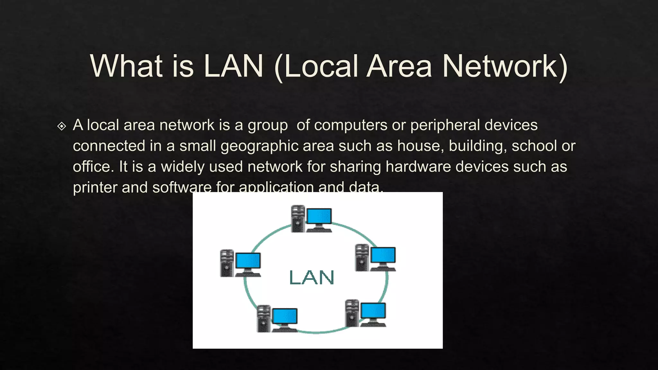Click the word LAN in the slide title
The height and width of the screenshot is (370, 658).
[x=234, y=66]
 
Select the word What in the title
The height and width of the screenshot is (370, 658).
[x=126, y=66]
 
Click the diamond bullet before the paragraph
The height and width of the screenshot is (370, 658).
[x=61, y=126]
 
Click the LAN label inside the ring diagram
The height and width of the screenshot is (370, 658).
[x=311, y=277]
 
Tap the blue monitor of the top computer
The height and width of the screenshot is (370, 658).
[x=319, y=216]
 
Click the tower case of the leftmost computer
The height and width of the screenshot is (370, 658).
[x=227, y=263]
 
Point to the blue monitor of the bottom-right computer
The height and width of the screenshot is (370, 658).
[x=373, y=311]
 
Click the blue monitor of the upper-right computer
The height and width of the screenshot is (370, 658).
[x=383, y=255]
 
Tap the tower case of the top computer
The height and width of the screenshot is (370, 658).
[x=298, y=219]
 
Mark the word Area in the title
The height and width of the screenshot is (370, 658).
[x=399, y=66]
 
